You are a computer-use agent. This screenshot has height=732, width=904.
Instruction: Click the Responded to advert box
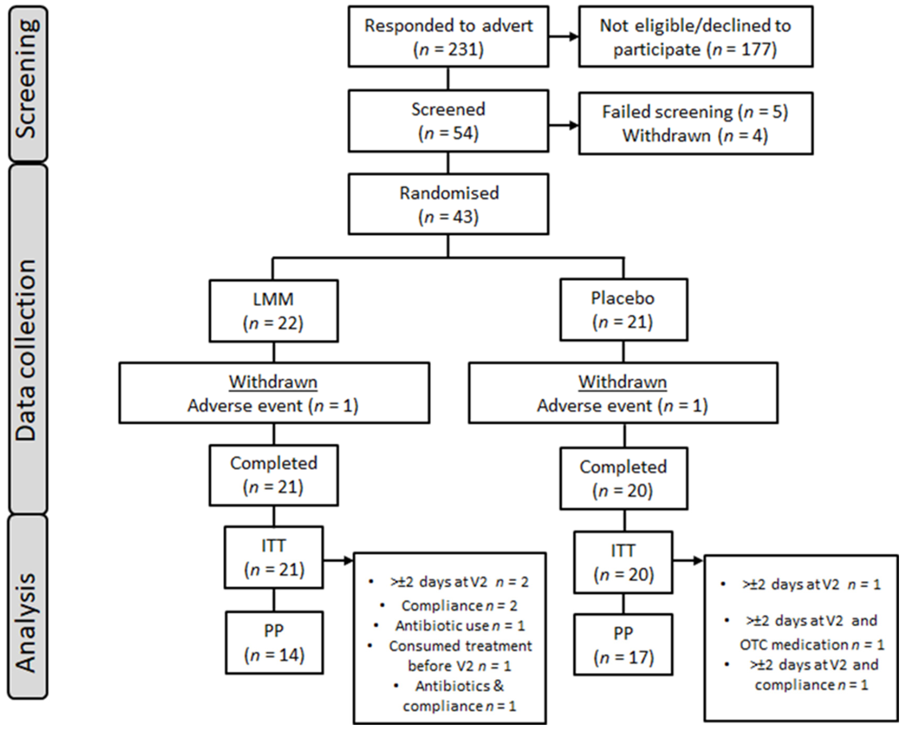(x=448, y=37)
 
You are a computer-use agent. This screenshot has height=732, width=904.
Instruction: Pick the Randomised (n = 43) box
(x=448, y=204)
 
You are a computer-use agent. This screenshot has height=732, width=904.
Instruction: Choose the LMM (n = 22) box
(x=273, y=311)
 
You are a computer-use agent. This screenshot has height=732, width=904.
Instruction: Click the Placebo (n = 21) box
(x=623, y=310)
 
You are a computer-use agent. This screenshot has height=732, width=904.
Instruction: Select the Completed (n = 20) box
(x=623, y=479)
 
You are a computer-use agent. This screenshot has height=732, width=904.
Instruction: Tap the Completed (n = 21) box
(x=273, y=475)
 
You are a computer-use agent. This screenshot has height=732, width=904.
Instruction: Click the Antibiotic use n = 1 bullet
(x=460, y=626)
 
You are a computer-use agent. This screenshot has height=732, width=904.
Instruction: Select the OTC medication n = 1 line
(x=812, y=645)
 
